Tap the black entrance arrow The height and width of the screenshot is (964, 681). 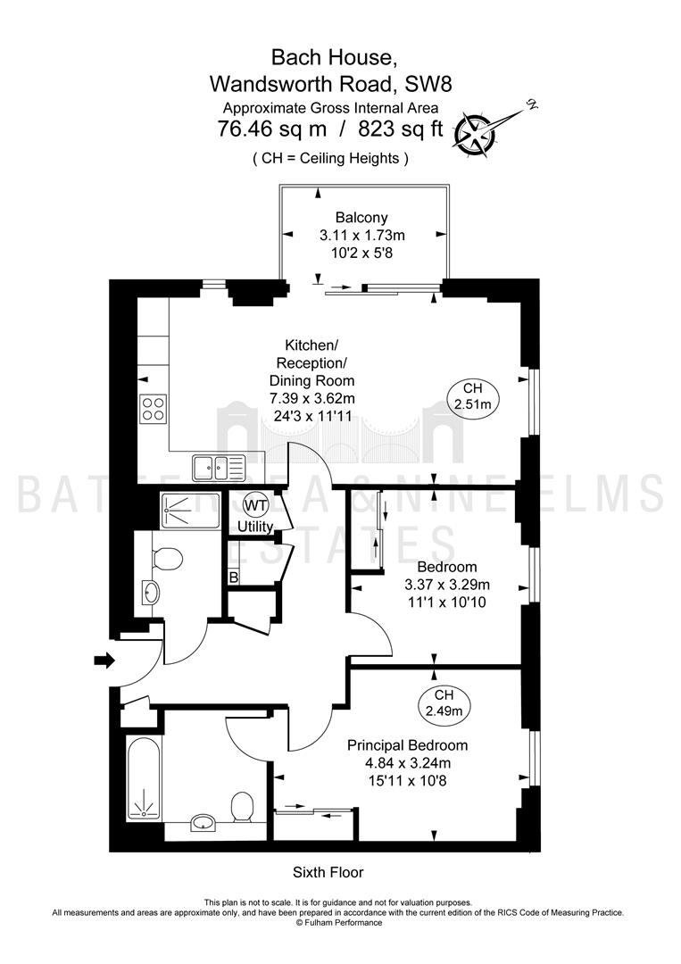click(104, 661)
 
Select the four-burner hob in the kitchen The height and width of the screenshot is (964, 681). click(154, 408)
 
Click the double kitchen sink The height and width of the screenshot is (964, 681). click(218, 468)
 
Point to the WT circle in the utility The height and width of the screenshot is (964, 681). click(255, 506)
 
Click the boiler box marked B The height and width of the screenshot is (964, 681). click(234, 577)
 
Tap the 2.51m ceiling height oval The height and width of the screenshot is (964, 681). click(473, 396)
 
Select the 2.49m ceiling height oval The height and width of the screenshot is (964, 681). click(444, 703)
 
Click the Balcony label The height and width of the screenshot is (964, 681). click(361, 218)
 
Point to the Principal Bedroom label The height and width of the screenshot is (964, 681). click(408, 745)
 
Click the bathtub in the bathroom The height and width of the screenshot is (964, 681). click(145, 777)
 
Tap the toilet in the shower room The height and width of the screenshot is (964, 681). click(167, 559)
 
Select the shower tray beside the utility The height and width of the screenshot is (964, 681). click(190, 509)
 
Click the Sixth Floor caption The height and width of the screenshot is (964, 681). click(328, 872)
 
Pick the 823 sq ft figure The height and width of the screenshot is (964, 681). click(400, 129)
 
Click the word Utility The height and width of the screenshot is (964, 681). click(255, 527)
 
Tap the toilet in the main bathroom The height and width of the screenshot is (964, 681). click(242, 807)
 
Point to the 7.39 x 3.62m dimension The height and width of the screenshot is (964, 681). click(312, 398)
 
